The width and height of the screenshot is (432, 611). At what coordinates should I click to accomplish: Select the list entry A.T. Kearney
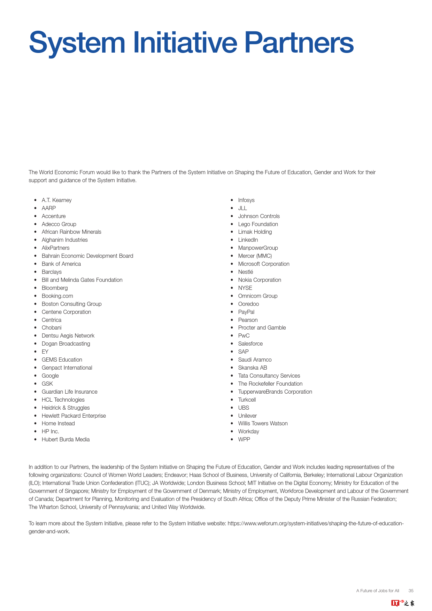tap(56, 200)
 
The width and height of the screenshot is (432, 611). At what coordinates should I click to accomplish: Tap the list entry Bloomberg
tap(55, 288)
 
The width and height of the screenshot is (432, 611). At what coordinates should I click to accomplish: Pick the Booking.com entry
tap(57, 296)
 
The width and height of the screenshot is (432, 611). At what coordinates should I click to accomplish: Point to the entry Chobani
tap(52, 328)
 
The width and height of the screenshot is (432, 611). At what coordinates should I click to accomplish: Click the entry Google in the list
tap(50, 376)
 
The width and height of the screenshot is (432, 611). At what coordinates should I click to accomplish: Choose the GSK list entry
tap(47, 384)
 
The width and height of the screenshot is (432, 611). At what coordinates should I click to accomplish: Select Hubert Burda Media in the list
tap(65, 440)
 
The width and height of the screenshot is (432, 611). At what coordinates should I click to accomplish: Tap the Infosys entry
tap(246, 200)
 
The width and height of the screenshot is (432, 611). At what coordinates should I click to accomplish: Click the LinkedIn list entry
tap(248, 240)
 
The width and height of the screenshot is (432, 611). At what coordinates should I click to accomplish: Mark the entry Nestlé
tap(246, 272)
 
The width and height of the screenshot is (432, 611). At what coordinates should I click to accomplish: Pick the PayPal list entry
tap(246, 312)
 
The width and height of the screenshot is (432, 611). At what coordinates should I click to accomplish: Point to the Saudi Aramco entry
tap(255, 360)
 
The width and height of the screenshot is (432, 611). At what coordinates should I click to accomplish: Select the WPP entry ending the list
tap(244, 440)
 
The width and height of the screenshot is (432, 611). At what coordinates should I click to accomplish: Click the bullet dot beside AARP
tap(35, 208)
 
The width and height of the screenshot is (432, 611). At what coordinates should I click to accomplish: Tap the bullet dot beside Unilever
tap(232, 416)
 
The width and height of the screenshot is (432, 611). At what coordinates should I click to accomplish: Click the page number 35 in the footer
tap(411, 591)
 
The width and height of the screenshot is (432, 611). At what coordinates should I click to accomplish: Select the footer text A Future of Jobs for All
tap(378, 591)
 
